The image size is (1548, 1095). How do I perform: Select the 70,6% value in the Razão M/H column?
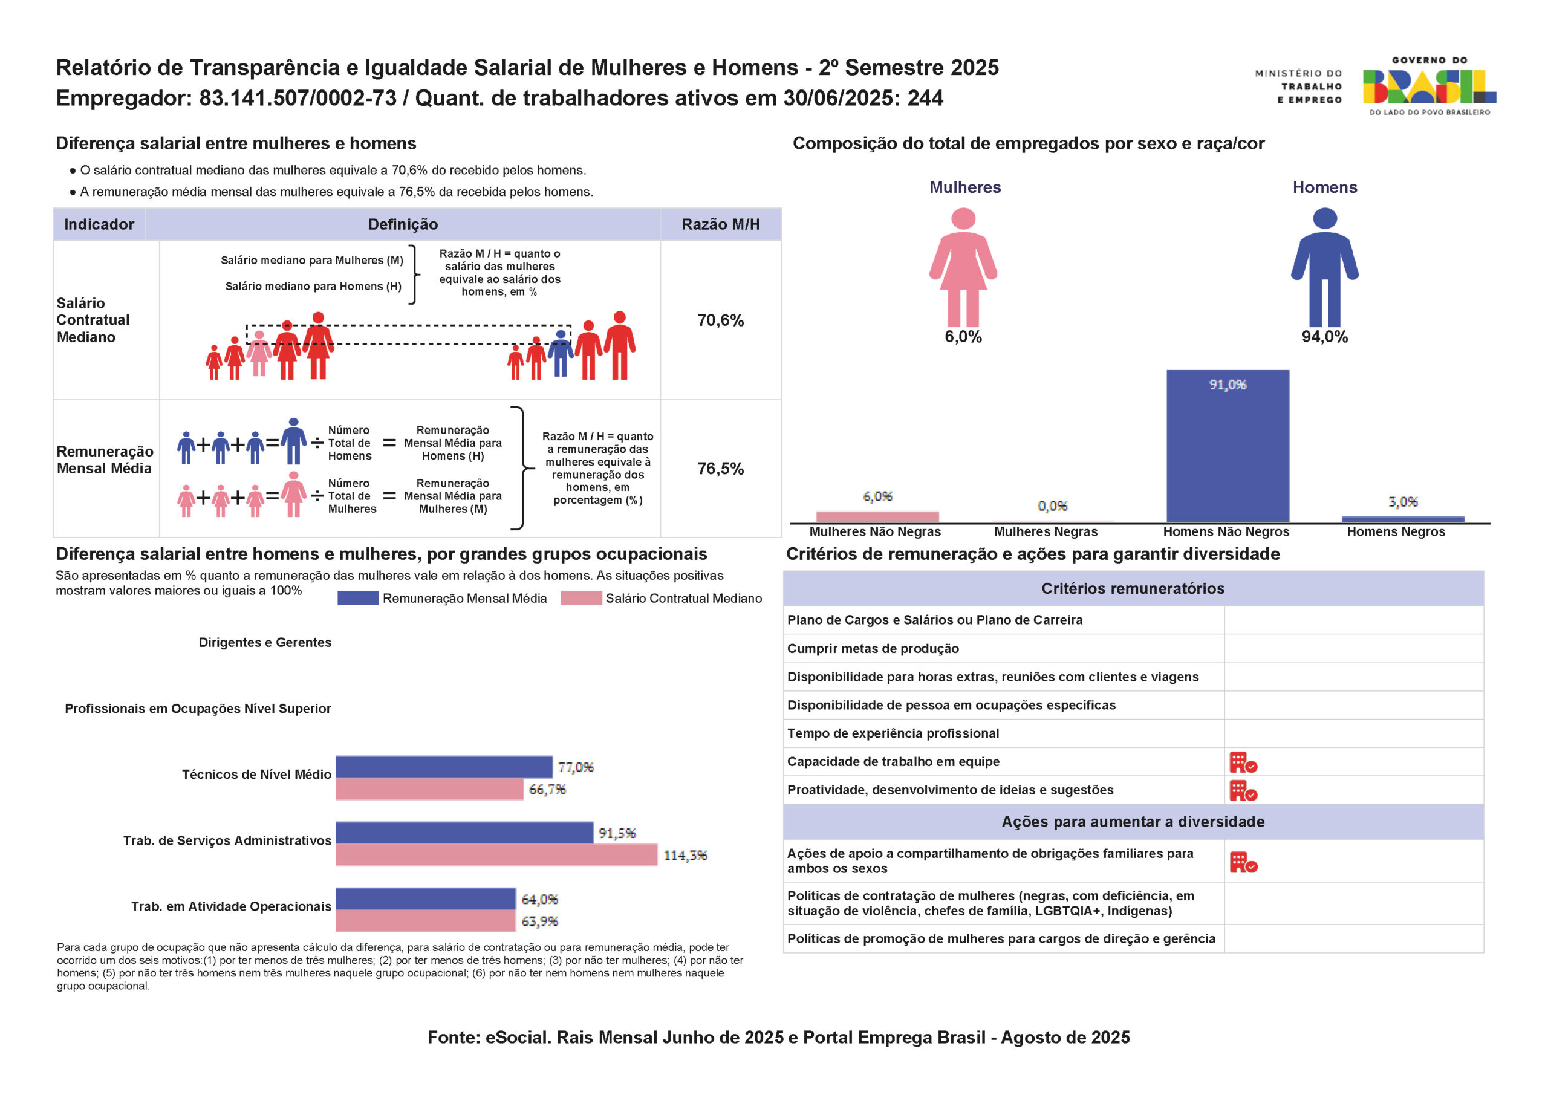click(720, 320)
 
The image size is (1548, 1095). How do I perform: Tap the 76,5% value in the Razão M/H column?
click(720, 469)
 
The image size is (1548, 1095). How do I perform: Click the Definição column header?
click(403, 224)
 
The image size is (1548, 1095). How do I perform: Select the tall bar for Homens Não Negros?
click(1227, 446)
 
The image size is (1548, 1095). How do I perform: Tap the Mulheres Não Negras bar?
click(877, 516)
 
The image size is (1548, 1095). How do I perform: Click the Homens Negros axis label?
click(1396, 532)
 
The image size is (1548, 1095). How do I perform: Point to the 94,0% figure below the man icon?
click(1324, 337)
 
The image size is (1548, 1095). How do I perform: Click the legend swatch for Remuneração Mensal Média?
click(357, 598)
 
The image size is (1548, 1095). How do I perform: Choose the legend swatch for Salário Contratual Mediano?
click(580, 598)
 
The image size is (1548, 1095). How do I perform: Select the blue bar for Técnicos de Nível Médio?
click(444, 767)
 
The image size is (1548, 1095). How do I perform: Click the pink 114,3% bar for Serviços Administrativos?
click(496, 855)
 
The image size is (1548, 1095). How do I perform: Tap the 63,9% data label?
click(539, 921)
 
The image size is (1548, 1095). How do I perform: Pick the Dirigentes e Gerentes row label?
click(265, 643)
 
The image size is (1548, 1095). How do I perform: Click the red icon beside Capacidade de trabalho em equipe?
click(1243, 762)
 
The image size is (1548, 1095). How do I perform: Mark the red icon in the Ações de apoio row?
click(1243, 862)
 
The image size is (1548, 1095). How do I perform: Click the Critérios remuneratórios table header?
click(1133, 589)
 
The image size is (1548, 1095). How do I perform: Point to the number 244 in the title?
click(925, 99)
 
